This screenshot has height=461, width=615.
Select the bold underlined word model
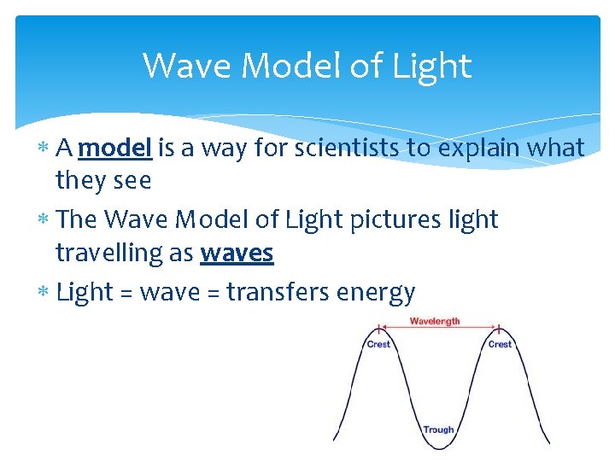pyautogui.click(x=114, y=148)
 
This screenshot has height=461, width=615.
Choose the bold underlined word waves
pyautogui.click(x=237, y=253)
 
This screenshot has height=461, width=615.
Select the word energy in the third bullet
pyautogui.click(x=376, y=292)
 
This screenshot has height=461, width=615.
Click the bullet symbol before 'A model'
pyautogui.click(x=44, y=149)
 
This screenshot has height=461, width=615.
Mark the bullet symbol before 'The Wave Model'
pyautogui.click(x=44, y=220)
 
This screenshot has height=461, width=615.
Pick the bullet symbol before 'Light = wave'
pyautogui.click(x=44, y=293)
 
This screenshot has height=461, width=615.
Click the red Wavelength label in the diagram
pyautogui.click(x=435, y=321)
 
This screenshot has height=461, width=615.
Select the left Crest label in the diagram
pyautogui.click(x=378, y=344)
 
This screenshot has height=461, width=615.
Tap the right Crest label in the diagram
pyautogui.click(x=500, y=344)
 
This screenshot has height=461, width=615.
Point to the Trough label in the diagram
pyautogui.click(x=438, y=429)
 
